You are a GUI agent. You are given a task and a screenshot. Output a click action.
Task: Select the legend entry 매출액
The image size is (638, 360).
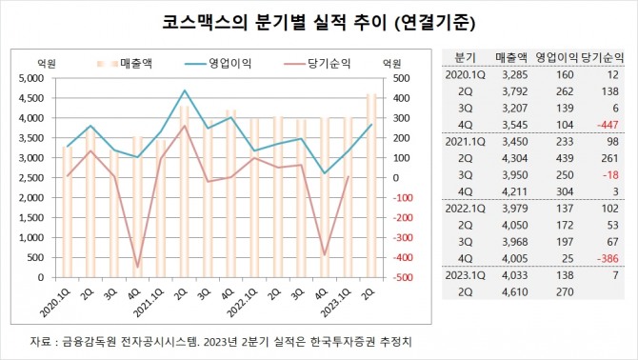point(140,63)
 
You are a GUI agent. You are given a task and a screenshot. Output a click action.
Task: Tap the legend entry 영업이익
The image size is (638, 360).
point(229,63)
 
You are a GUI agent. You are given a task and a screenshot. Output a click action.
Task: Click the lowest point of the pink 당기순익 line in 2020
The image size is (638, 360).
point(138,268)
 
